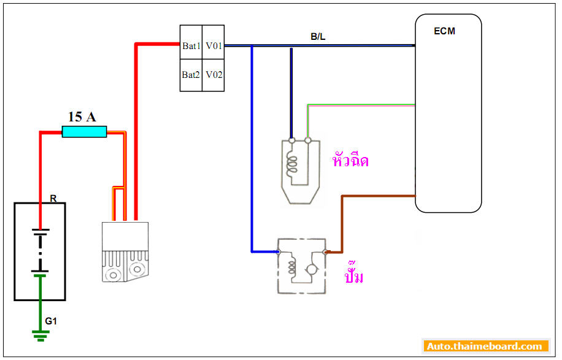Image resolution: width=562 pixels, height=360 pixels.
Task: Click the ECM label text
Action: pyautogui.click(x=444, y=31)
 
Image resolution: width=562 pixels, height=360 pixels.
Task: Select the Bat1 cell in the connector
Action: pyautogui.click(x=191, y=46)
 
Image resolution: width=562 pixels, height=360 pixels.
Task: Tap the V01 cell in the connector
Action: pyautogui.click(x=214, y=46)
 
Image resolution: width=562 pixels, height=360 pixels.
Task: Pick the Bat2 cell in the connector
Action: pyautogui.click(x=191, y=75)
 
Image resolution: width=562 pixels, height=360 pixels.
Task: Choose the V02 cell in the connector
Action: pyautogui.click(x=214, y=75)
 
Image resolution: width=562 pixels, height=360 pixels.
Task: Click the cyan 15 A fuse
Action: pyautogui.click(x=85, y=131)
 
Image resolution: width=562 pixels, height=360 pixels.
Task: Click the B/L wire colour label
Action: pyautogui.click(x=318, y=37)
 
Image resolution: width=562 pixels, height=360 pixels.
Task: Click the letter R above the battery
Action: pyautogui.click(x=53, y=199)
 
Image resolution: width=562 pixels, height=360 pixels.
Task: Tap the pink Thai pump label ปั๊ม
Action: pyautogui.click(x=354, y=275)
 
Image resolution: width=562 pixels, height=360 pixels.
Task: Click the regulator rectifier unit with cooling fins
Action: pyautogui.click(x=126, y=251)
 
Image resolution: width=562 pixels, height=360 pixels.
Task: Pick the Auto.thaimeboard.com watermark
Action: pyautogui.click(x=485, y=347)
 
